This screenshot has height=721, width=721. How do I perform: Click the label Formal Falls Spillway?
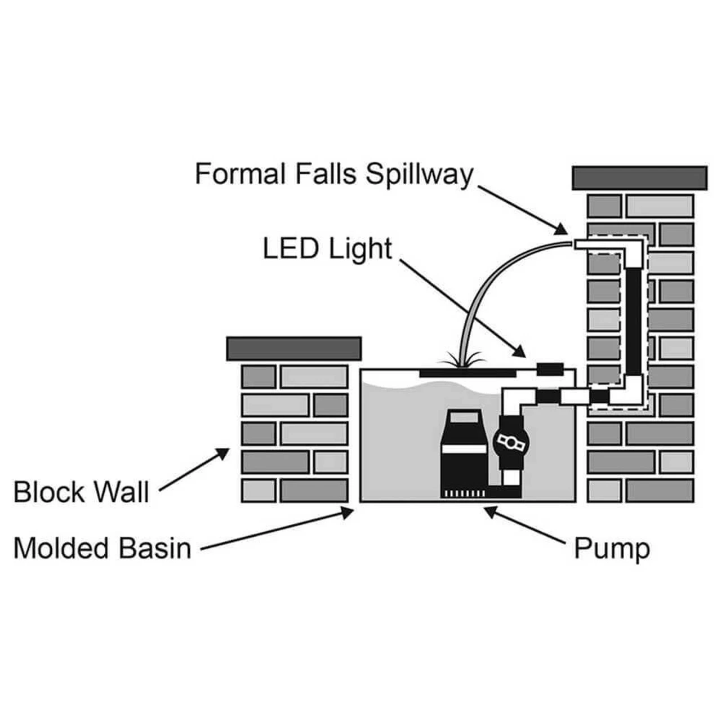(x=333, y=174)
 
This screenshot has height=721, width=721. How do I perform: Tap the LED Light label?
(x=327, y=248)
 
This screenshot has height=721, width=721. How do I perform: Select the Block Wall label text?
(x=81, y=491)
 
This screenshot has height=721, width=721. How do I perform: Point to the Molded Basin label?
(x=102, y=548)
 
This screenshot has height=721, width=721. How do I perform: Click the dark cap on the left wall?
(x=293, y=349)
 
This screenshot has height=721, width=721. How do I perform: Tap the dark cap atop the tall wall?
(x=639, y=177)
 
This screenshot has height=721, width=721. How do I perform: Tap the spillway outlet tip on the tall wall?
(x=580, y=244)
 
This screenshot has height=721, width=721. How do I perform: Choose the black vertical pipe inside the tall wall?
(x=634, y=321)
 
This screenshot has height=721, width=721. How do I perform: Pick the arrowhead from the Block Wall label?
(x=224, y=452)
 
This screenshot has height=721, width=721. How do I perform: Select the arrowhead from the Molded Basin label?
(x=348, y=511)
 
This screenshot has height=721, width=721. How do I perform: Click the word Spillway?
(x=419, y=174)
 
